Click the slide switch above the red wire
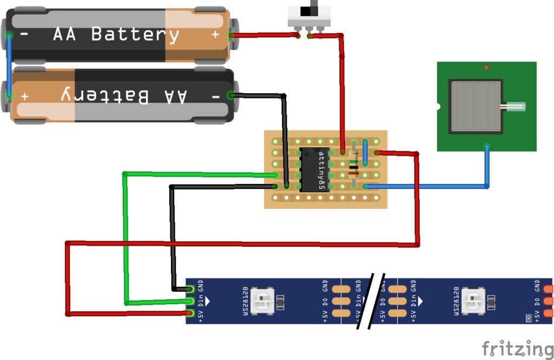[309, 17]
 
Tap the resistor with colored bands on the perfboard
[354, 163]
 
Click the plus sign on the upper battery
[215, 34]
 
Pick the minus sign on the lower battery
[215, 96]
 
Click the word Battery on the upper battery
[135, 34]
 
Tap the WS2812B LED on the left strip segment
[265, 301]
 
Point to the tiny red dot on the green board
[486, 68]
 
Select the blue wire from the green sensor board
[487, 168]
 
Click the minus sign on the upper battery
[25, 34]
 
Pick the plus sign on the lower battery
[25, 96]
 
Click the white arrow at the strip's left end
[207, 301]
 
